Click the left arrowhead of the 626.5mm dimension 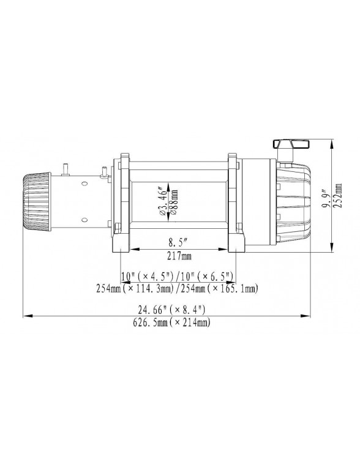pyautogui.click(x=26, y=316)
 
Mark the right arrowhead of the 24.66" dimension pyautogui.click(x=306, y=316)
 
